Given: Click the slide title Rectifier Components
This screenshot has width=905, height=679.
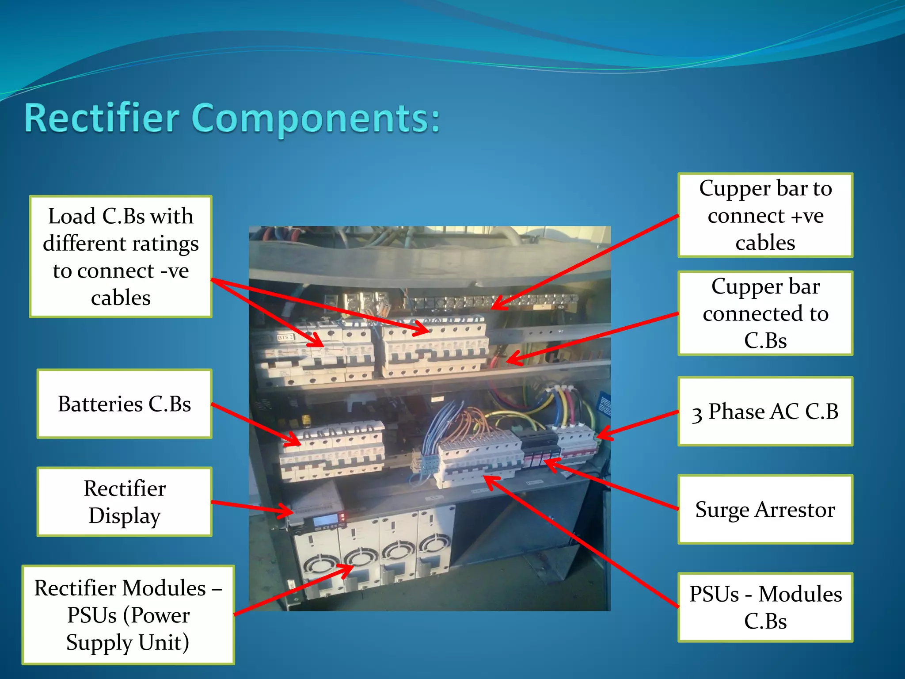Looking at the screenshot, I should point(232,118).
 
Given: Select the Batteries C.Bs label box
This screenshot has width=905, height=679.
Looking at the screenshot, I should point(124,404).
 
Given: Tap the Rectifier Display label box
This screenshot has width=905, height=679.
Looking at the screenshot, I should point(124,502).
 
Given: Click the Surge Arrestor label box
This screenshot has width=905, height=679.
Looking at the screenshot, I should point(765,509).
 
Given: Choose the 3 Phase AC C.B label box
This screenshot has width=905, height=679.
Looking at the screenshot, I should point(765,411).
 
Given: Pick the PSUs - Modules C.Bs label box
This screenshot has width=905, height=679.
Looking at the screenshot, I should point(765,607).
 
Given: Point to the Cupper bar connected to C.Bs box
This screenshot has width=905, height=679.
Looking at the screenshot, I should point(765,313).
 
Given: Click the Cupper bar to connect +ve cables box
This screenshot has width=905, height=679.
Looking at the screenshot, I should point(765,215).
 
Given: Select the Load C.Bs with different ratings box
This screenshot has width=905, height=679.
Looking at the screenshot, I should point(121,256).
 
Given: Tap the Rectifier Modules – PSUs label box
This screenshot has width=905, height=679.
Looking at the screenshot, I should point(128,614).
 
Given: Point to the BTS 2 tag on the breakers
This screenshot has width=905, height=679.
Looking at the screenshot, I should point(285,337).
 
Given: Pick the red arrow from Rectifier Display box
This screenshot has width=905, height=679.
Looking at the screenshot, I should point(252,507).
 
